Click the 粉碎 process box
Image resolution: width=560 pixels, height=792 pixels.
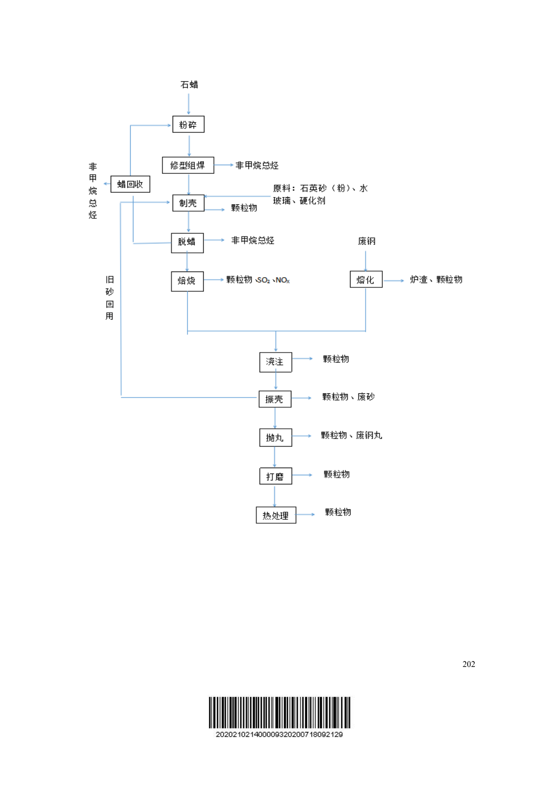click(188, 124)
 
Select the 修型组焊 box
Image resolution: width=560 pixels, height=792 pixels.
click(188, 165)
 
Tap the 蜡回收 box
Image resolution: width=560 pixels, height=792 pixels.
click(130, 184)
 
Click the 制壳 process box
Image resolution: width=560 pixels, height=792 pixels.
click(188, 203)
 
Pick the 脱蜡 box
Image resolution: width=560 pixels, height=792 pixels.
click(187, 242)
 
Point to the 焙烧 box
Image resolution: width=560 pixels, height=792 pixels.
click(187, 281)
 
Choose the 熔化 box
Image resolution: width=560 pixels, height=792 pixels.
click(366, 279)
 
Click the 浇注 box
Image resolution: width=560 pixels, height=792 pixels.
click(275, 362)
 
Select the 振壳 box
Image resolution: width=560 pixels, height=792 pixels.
click(275, 399)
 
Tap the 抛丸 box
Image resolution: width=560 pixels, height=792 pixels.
click(275, 437)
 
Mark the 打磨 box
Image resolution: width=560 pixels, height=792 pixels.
click(275, 476)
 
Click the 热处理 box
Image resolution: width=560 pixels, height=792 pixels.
click(276, 515)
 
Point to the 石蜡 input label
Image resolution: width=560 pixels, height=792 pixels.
click(189, 85)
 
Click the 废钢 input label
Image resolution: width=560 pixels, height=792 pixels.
click(366, 241)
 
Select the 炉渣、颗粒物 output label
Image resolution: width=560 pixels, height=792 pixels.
click(436, 279)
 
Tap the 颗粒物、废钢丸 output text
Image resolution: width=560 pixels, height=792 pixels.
click(351, 436)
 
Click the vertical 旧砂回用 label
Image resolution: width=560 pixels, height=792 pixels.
click(110, 298)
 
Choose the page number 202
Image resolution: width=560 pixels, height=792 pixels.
click(468, 664)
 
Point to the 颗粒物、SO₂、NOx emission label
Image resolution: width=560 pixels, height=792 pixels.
click(258, 280)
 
